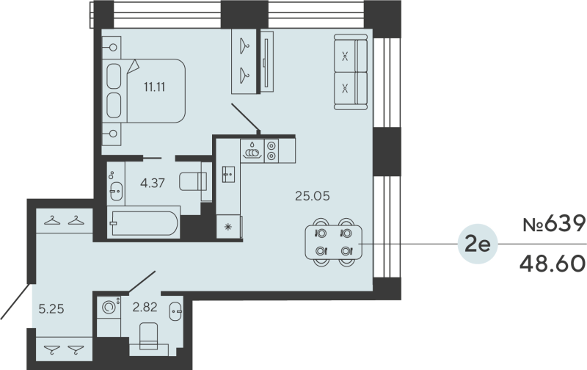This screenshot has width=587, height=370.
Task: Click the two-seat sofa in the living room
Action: [350, 72]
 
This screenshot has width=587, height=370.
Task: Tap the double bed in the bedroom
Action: [147, 90]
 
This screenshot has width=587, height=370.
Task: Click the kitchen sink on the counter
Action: [227, 175]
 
